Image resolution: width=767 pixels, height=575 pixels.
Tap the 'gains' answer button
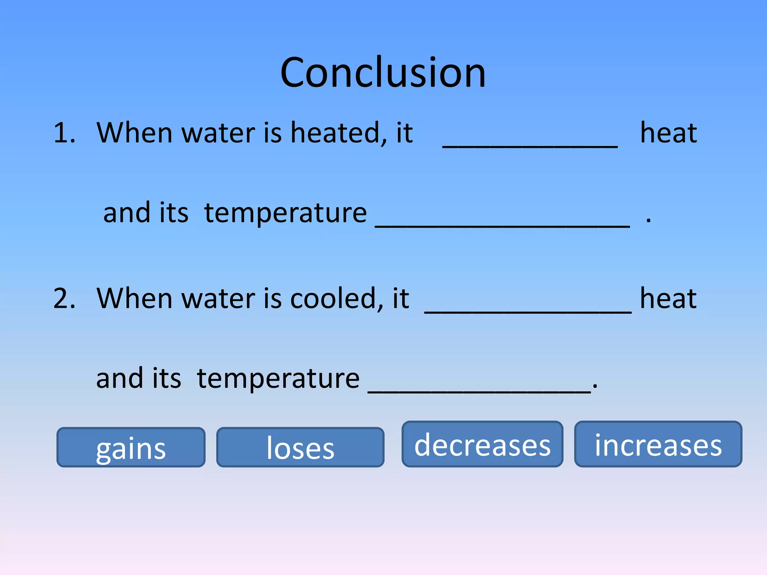point(131,447)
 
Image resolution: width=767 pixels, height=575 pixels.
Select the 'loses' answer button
point(300,447)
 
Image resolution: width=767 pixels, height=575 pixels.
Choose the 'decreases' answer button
point(482,444)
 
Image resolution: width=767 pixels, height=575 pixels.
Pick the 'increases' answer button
point(658,444)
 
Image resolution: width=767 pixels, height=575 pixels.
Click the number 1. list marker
point(64,133)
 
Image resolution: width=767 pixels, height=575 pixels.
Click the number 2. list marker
point(64,299)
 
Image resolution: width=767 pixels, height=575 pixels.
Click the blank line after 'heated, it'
point(530,144)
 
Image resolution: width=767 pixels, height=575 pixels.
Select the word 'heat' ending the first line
point(669,133)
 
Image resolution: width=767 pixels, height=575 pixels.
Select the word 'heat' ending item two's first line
point(668,299)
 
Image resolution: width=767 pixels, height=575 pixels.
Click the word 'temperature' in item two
point(278,379)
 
